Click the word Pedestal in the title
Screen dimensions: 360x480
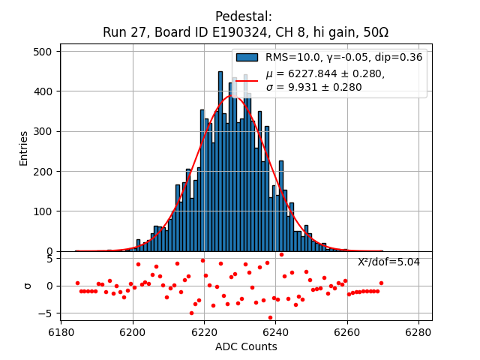coord(243,16)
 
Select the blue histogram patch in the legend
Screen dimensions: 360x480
coord(247,58)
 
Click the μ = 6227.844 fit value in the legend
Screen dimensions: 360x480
coord(325,73)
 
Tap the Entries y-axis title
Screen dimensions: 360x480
coord(24,148)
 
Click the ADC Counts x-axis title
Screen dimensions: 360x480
coord(246,346)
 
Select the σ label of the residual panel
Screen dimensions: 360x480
coord(28,286)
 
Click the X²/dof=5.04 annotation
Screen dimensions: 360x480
coord(388,262)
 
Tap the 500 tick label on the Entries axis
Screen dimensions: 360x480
coord(43,52)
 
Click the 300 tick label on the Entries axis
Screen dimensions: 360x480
coord(43,131)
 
